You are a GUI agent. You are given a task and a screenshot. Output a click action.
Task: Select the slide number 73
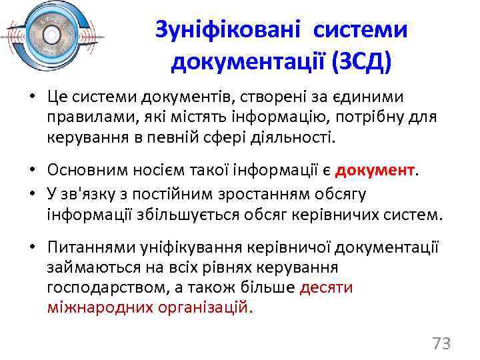(x=441, y=343)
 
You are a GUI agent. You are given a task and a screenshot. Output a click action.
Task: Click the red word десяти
(x=327, y=287)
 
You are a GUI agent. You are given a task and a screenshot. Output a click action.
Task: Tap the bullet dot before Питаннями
(x=31, y=248)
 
